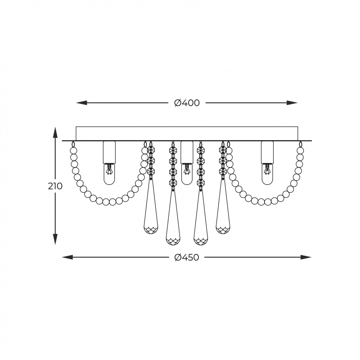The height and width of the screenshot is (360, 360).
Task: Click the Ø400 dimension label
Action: [x=187, y=103]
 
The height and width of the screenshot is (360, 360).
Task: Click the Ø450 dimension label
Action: [x=187, y=257]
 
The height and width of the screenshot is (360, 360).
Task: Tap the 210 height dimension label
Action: [x=55, y=186]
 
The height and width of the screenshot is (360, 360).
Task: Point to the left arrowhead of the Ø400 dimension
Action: [x=81, y=103]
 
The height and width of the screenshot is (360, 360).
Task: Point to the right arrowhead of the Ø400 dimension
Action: [x=292, y=103]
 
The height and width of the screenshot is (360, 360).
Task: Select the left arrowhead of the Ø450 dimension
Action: [x=67, y=257]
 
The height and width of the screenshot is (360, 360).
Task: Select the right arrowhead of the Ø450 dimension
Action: [x=306, y=257]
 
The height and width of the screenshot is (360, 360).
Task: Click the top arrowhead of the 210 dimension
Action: [x=55, y=132]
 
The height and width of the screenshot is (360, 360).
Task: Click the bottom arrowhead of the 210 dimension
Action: [x=55, y=239]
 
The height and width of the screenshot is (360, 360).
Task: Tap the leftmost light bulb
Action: [x=109, y=174]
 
